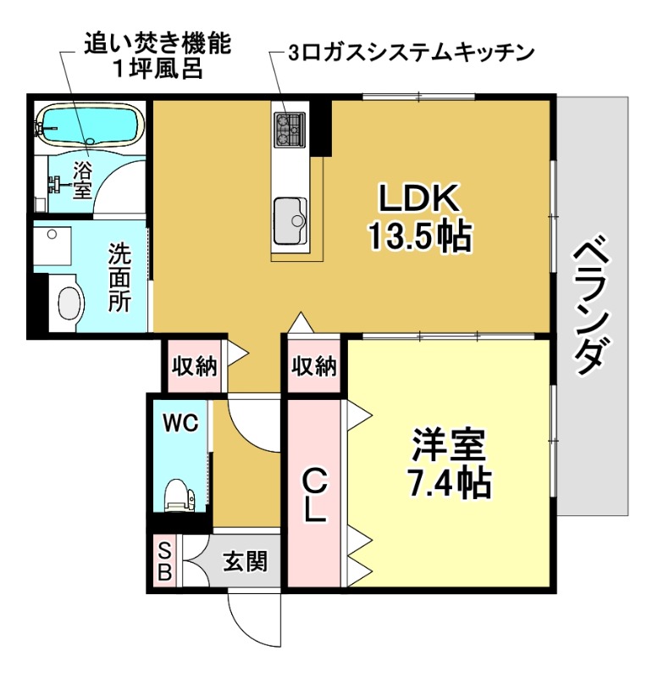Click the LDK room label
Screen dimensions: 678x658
(x=418, y=200)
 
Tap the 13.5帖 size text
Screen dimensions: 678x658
(x=418, y=236)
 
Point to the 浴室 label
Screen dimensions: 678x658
(x=82, y=179)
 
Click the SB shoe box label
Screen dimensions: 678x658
(x=164, y=562)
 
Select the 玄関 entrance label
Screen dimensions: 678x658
(x=246, y=562)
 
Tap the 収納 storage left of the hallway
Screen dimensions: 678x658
(x=195, y=367)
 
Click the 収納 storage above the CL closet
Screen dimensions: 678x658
(x=314, y=367)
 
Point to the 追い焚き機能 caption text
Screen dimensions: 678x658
(x=157, y=42)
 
